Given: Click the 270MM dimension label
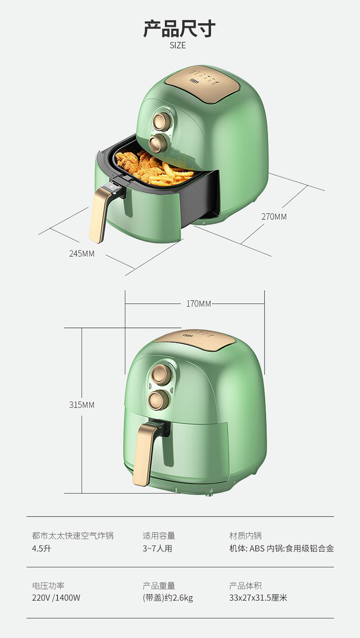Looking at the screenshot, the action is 274,217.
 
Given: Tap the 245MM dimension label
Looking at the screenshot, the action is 82,253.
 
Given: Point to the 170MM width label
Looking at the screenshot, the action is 199,303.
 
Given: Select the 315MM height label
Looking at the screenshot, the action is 82,405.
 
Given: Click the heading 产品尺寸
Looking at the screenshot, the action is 180,28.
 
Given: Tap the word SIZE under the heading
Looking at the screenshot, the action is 178,45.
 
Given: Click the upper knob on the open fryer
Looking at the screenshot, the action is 161,120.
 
